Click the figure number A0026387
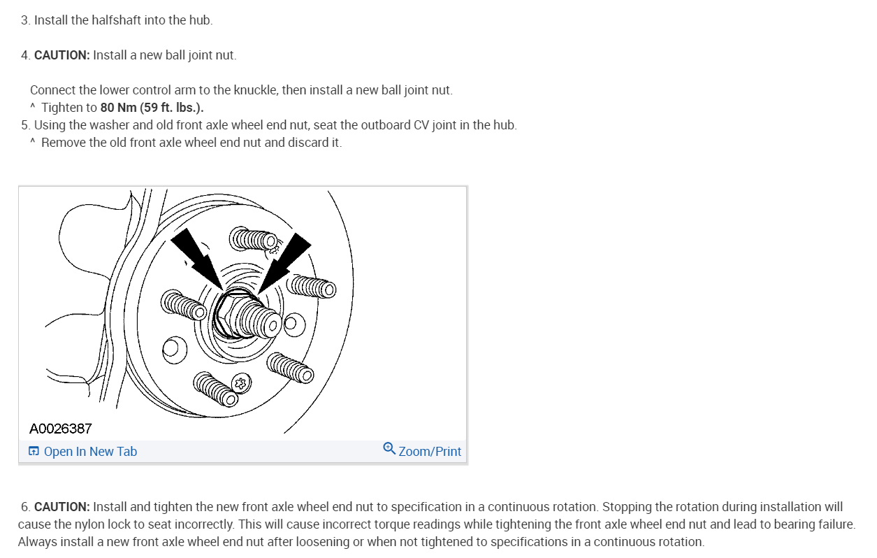pyautogui.click(x=60, y=428)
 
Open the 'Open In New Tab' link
pyautogui.click(x=89, y=452)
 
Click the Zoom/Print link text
pyautogui.click(x=430, y=452)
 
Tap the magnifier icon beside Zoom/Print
pyautogui.click(x=389, y=449)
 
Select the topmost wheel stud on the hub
pyautogui.click(x=252, y=240)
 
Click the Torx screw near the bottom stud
pyautogui.click(x=242, y=382)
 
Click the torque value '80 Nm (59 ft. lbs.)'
pyautogui.click(x=152, y=108)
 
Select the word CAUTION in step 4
pyautogui.click(x=61, y=55)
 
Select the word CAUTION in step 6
pyautogui.click(x=61, y=507)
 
